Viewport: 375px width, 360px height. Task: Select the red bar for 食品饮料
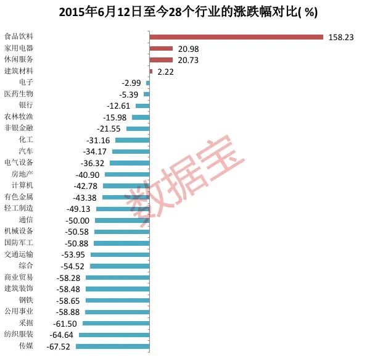point(236,37)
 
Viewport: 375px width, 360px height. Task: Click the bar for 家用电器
point(161,48)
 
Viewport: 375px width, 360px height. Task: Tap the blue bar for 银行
point(142,106)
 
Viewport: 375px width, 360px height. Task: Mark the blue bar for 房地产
point(127,174)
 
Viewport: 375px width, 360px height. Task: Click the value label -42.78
point(89,186)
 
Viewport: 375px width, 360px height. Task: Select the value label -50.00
point(77,220)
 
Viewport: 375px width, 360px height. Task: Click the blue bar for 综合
point(120,266)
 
